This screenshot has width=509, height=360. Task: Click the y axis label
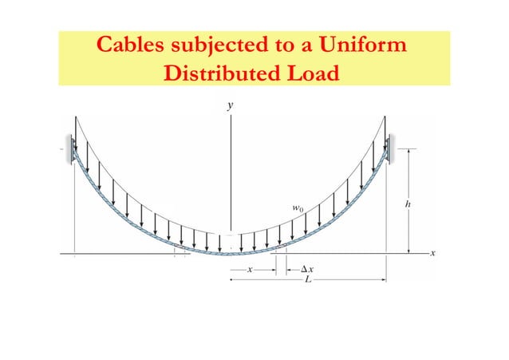231,105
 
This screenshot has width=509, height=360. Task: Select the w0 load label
296,208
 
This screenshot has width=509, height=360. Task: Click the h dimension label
409,204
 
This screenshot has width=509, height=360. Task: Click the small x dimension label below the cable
250,270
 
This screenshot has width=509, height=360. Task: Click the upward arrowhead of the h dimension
409,152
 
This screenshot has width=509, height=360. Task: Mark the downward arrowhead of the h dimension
409,250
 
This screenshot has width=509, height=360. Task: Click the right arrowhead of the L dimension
385,280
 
